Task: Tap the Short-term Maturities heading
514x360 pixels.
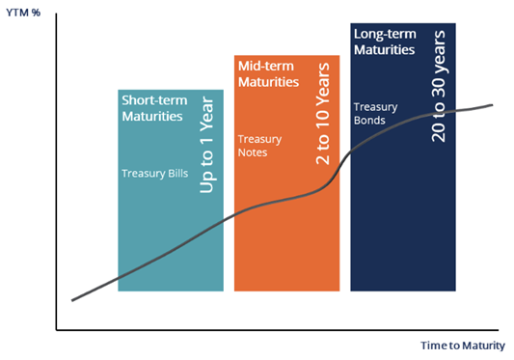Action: pyautogui.click(x=152, y=108)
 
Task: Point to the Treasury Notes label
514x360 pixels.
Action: pyautogui.click(x=260, y=145)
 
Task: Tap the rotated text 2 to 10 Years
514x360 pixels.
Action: pyautogui.click(x=323, y=114)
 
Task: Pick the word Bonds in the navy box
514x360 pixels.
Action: pyautogui.click(x=370, y=121)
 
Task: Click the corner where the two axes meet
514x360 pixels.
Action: pyautogui.click(x=57, y=329)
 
